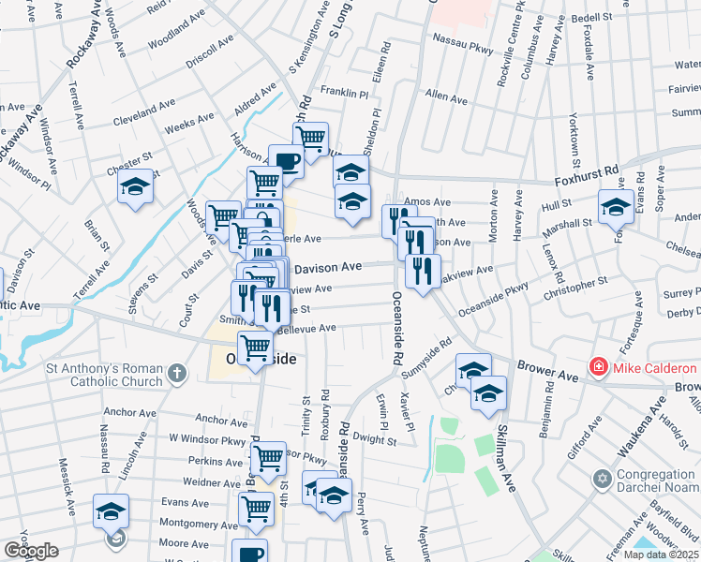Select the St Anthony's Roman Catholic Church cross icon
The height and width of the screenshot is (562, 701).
[x=176, y=376]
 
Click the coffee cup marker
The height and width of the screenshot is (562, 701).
[x=287, y=161]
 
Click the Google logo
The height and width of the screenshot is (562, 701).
[x=31, y=551]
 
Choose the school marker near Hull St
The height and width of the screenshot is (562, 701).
[x=616, y=207]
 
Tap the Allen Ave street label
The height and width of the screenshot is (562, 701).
[x=446, y=97]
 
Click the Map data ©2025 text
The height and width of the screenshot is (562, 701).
[x=661, y=555]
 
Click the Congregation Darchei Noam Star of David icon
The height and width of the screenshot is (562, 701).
[x=604, y=480]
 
